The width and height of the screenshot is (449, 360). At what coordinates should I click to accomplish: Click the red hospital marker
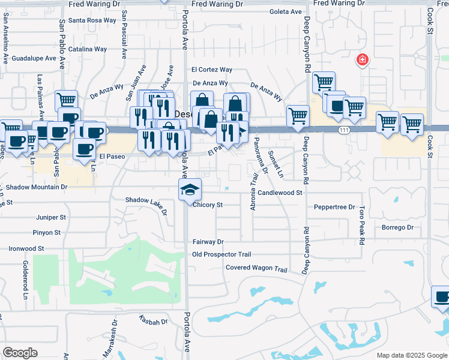tap(362, 59)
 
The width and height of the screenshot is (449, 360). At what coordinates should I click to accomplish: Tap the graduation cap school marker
tap(190, 190)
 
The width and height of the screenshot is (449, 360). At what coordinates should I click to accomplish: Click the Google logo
tap(20, 353)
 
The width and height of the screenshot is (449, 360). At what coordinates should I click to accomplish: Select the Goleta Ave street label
tap(287, 11)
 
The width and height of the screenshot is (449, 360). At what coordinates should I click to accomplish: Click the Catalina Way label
tap(88, 49)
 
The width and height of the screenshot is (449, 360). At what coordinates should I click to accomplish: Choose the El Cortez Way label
tap(212, 70)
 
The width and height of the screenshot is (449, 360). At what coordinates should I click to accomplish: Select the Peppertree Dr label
tap(335, 207)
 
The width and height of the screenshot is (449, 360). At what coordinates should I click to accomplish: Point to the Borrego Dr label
tap(398, 227)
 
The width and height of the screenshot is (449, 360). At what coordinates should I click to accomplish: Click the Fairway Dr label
tap(208, 242)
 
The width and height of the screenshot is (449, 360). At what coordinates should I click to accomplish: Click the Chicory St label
tap(208, 205)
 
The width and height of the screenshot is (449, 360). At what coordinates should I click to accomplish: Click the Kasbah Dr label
tap(153, 322)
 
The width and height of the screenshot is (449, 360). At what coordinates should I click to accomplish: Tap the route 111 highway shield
tap(342, 131)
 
